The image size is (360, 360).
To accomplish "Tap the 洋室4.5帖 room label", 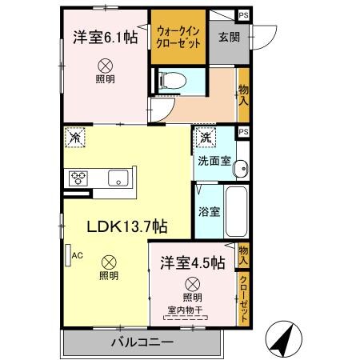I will click(x=191, y=261).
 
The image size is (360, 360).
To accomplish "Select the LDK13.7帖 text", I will click(x=126, y=226).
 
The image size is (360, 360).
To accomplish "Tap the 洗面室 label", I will click(x=214, y=160).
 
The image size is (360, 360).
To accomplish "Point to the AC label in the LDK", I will click(x=78, y=256).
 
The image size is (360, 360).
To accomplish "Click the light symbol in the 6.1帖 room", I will click(x=104, y=66).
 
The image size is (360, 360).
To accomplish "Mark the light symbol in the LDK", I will click(x=108, y=260).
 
